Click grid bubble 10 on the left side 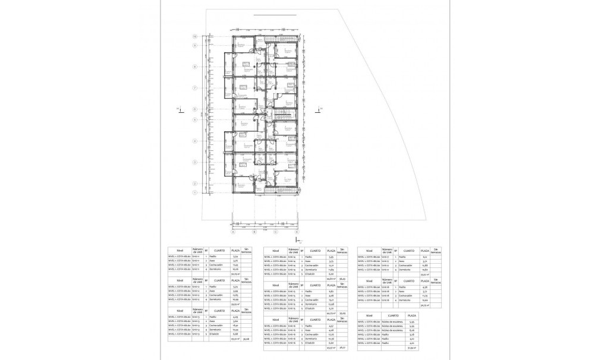tap(194, 37)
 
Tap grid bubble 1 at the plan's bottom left tap(194, 192)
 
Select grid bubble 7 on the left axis tap(194, 87)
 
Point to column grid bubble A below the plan tap(234, 232)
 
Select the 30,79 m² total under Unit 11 tap(235, 273)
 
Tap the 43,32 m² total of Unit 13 tap(235, 339)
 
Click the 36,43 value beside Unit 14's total tap(342, 278)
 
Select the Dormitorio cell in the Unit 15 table tap(310, 304)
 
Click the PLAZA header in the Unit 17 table tap(423, 251)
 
